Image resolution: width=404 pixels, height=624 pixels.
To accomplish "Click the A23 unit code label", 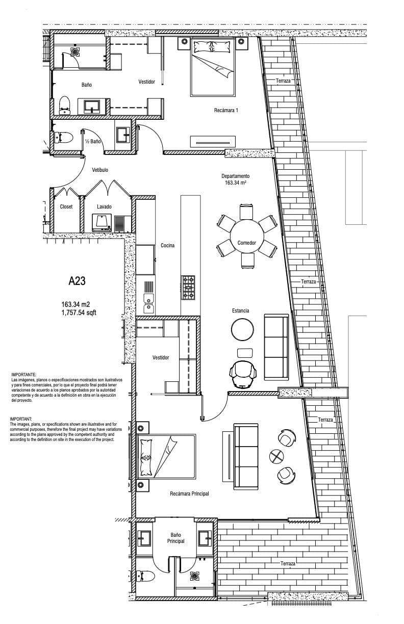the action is coord(77,281).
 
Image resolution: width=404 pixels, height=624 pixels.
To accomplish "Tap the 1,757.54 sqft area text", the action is coord(79,313).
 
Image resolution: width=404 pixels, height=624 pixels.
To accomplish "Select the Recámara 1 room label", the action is coord(226,110).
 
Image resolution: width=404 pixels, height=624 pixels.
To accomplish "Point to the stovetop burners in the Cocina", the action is coord(188,288).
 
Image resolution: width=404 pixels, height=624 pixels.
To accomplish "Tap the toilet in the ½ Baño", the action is coord(64,137).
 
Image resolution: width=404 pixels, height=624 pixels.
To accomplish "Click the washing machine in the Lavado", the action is coord(102,223).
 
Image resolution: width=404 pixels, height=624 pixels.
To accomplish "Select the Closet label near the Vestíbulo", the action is coord(66,206).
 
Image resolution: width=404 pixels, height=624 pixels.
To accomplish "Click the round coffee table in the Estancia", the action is coord(242,329).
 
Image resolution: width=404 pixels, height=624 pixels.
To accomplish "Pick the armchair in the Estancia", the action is coord(243,374).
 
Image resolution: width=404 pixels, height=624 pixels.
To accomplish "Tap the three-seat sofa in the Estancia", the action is coord(276,347).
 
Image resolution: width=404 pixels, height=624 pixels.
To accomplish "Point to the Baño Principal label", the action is coord(175,538).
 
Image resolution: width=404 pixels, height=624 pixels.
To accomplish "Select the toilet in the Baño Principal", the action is coord(145,576).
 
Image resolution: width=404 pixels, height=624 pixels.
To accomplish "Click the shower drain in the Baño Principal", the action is coord(195,576).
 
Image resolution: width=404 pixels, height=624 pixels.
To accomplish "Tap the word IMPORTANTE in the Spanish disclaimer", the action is coord(23,375).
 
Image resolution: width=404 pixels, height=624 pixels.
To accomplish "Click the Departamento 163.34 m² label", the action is coord(236,179).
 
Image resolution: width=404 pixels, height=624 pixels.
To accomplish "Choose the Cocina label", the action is coord(167,245).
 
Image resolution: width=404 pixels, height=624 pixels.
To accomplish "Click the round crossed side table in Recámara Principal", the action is coord(276,457).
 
